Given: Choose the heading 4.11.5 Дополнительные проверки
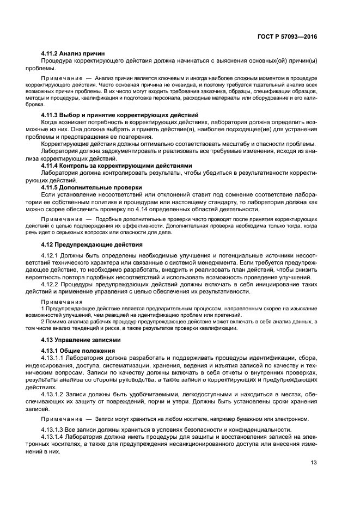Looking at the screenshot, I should coord(91,187).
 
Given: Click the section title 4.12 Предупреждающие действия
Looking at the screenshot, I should coord(92,244).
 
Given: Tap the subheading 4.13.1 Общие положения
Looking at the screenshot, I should coord(78,351).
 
